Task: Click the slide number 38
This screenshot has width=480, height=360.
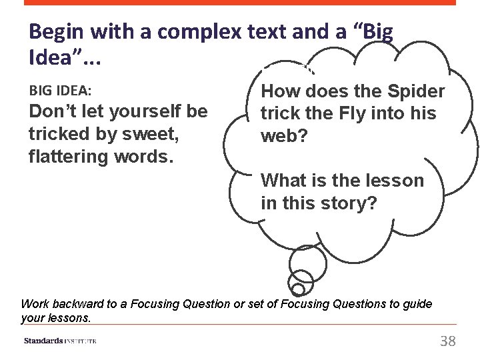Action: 448,341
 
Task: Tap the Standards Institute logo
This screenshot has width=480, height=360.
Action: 60,341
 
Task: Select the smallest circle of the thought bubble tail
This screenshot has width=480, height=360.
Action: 298,289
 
